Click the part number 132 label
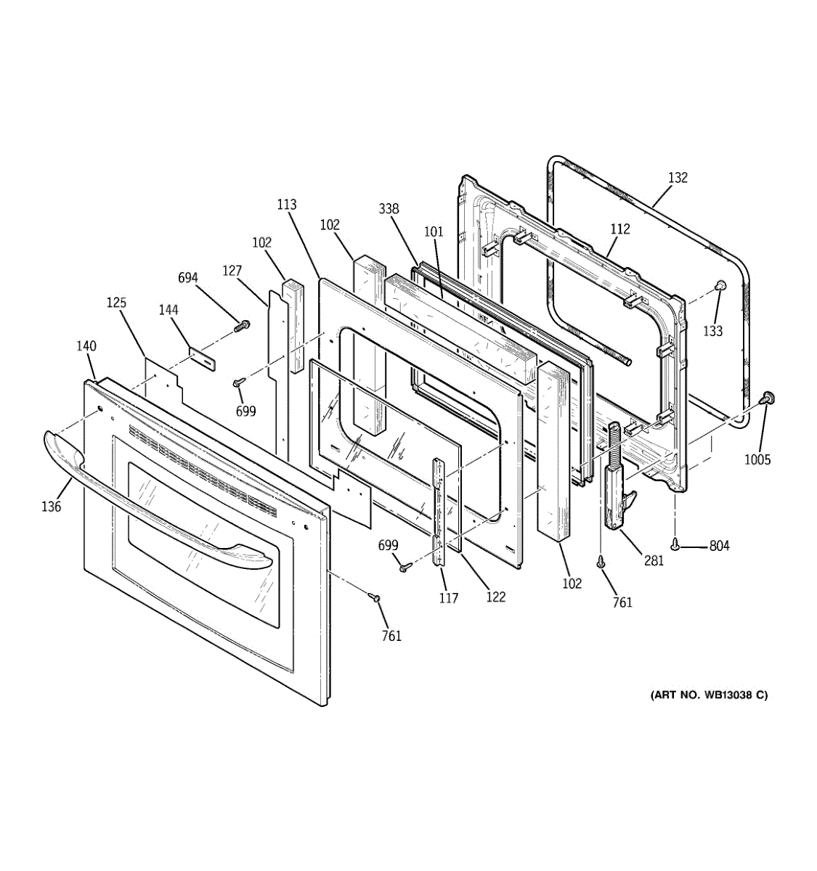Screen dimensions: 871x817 [677, 178]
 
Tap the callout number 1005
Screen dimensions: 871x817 [757, 459]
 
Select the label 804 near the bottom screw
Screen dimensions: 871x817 [719, 546]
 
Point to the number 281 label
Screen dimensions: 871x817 [654, 560]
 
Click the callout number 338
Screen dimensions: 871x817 [389, 209]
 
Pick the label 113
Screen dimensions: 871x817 [287, 205]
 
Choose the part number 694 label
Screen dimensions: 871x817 [188, 277]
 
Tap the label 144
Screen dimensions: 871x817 [168, 310]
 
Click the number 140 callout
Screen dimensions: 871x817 [86, 346]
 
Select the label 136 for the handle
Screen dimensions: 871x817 [51, 507]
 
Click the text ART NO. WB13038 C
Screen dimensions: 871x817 [708, 695]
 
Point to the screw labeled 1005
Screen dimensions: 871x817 [765, 398]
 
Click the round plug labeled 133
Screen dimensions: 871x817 [719, 285]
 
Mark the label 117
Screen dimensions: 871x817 [448, 598]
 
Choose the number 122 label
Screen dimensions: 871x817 [495, 597]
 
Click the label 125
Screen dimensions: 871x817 [116, 302]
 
